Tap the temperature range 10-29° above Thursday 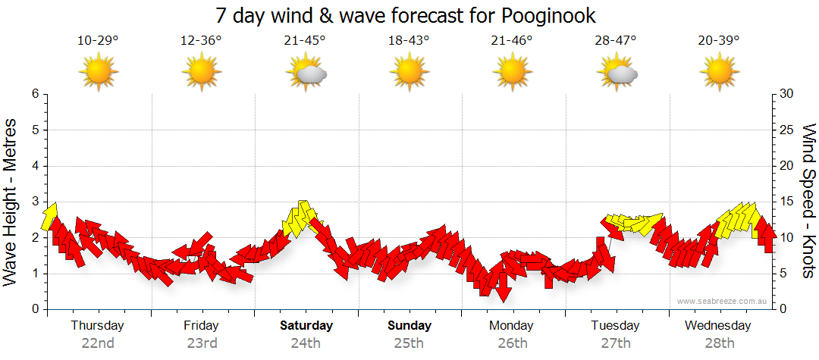coord(98,40)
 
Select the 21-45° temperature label coord(306,40)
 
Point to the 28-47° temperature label coord(615,40)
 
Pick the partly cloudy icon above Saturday coord(306,74)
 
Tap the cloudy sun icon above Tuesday coord(616,74)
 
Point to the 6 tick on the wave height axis coord(35,94)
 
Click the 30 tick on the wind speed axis coord(788,94)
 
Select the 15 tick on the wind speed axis coord(787,202)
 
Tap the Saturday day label coord(306,326)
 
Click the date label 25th coord(409,343)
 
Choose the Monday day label coord(512,326)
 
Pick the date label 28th coord(719,343)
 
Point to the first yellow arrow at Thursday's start coord(50,217)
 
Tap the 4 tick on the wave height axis coord(35,166)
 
